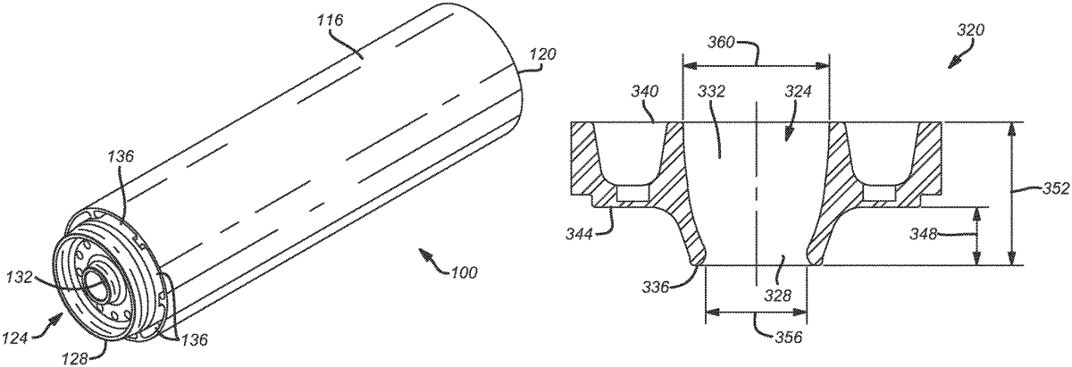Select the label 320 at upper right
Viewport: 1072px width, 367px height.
(968, 29)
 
